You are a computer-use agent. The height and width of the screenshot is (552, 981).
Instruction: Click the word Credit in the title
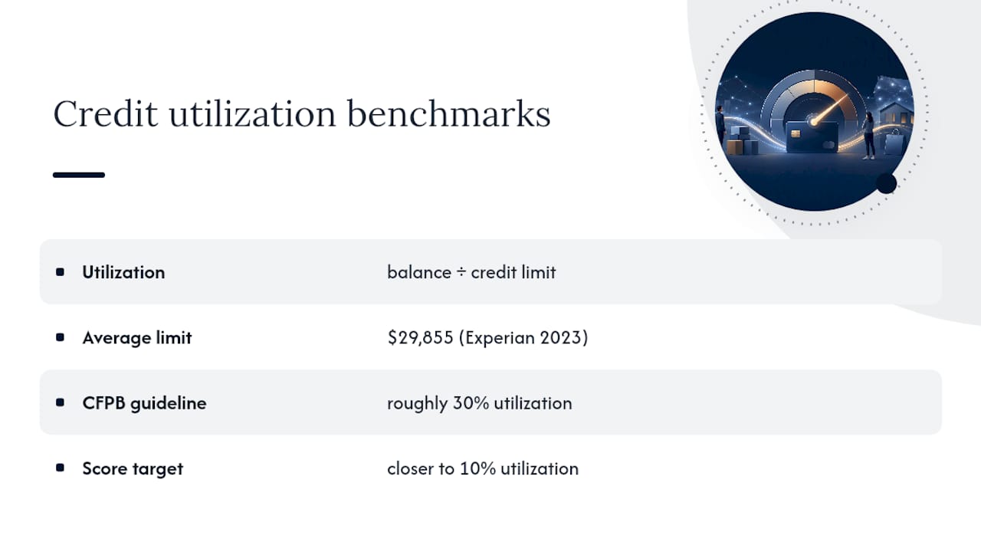click(105, 113)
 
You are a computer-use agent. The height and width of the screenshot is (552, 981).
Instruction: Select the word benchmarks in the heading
click(449, 113)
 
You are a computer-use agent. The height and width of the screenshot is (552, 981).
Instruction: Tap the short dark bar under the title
click(79, 175)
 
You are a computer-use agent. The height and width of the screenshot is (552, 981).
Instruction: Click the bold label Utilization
click(123, 272)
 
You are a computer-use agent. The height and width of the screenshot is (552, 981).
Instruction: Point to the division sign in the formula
click(461, 272)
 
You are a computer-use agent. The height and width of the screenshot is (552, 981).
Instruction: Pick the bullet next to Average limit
click(60, 337)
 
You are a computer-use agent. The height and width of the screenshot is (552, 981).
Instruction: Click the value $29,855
click(420, 337)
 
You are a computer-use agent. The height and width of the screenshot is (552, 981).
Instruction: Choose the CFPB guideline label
click(144, 403)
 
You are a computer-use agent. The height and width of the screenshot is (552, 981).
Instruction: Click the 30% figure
click(471, 403)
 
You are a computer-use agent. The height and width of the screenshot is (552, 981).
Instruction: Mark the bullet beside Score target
click(60, 468)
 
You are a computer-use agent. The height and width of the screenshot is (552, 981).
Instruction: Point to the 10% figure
click(477, 468)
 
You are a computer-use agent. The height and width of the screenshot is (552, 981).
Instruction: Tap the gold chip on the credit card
click(796, 133)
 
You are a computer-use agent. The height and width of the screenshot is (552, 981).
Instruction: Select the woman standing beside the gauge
click(868, 136)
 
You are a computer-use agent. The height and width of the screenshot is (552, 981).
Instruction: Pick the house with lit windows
click(897, 113)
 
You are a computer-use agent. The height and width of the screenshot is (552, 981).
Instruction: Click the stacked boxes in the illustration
click(740, 141)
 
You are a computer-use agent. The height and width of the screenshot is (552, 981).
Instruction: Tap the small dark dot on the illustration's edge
click(886, 183)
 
